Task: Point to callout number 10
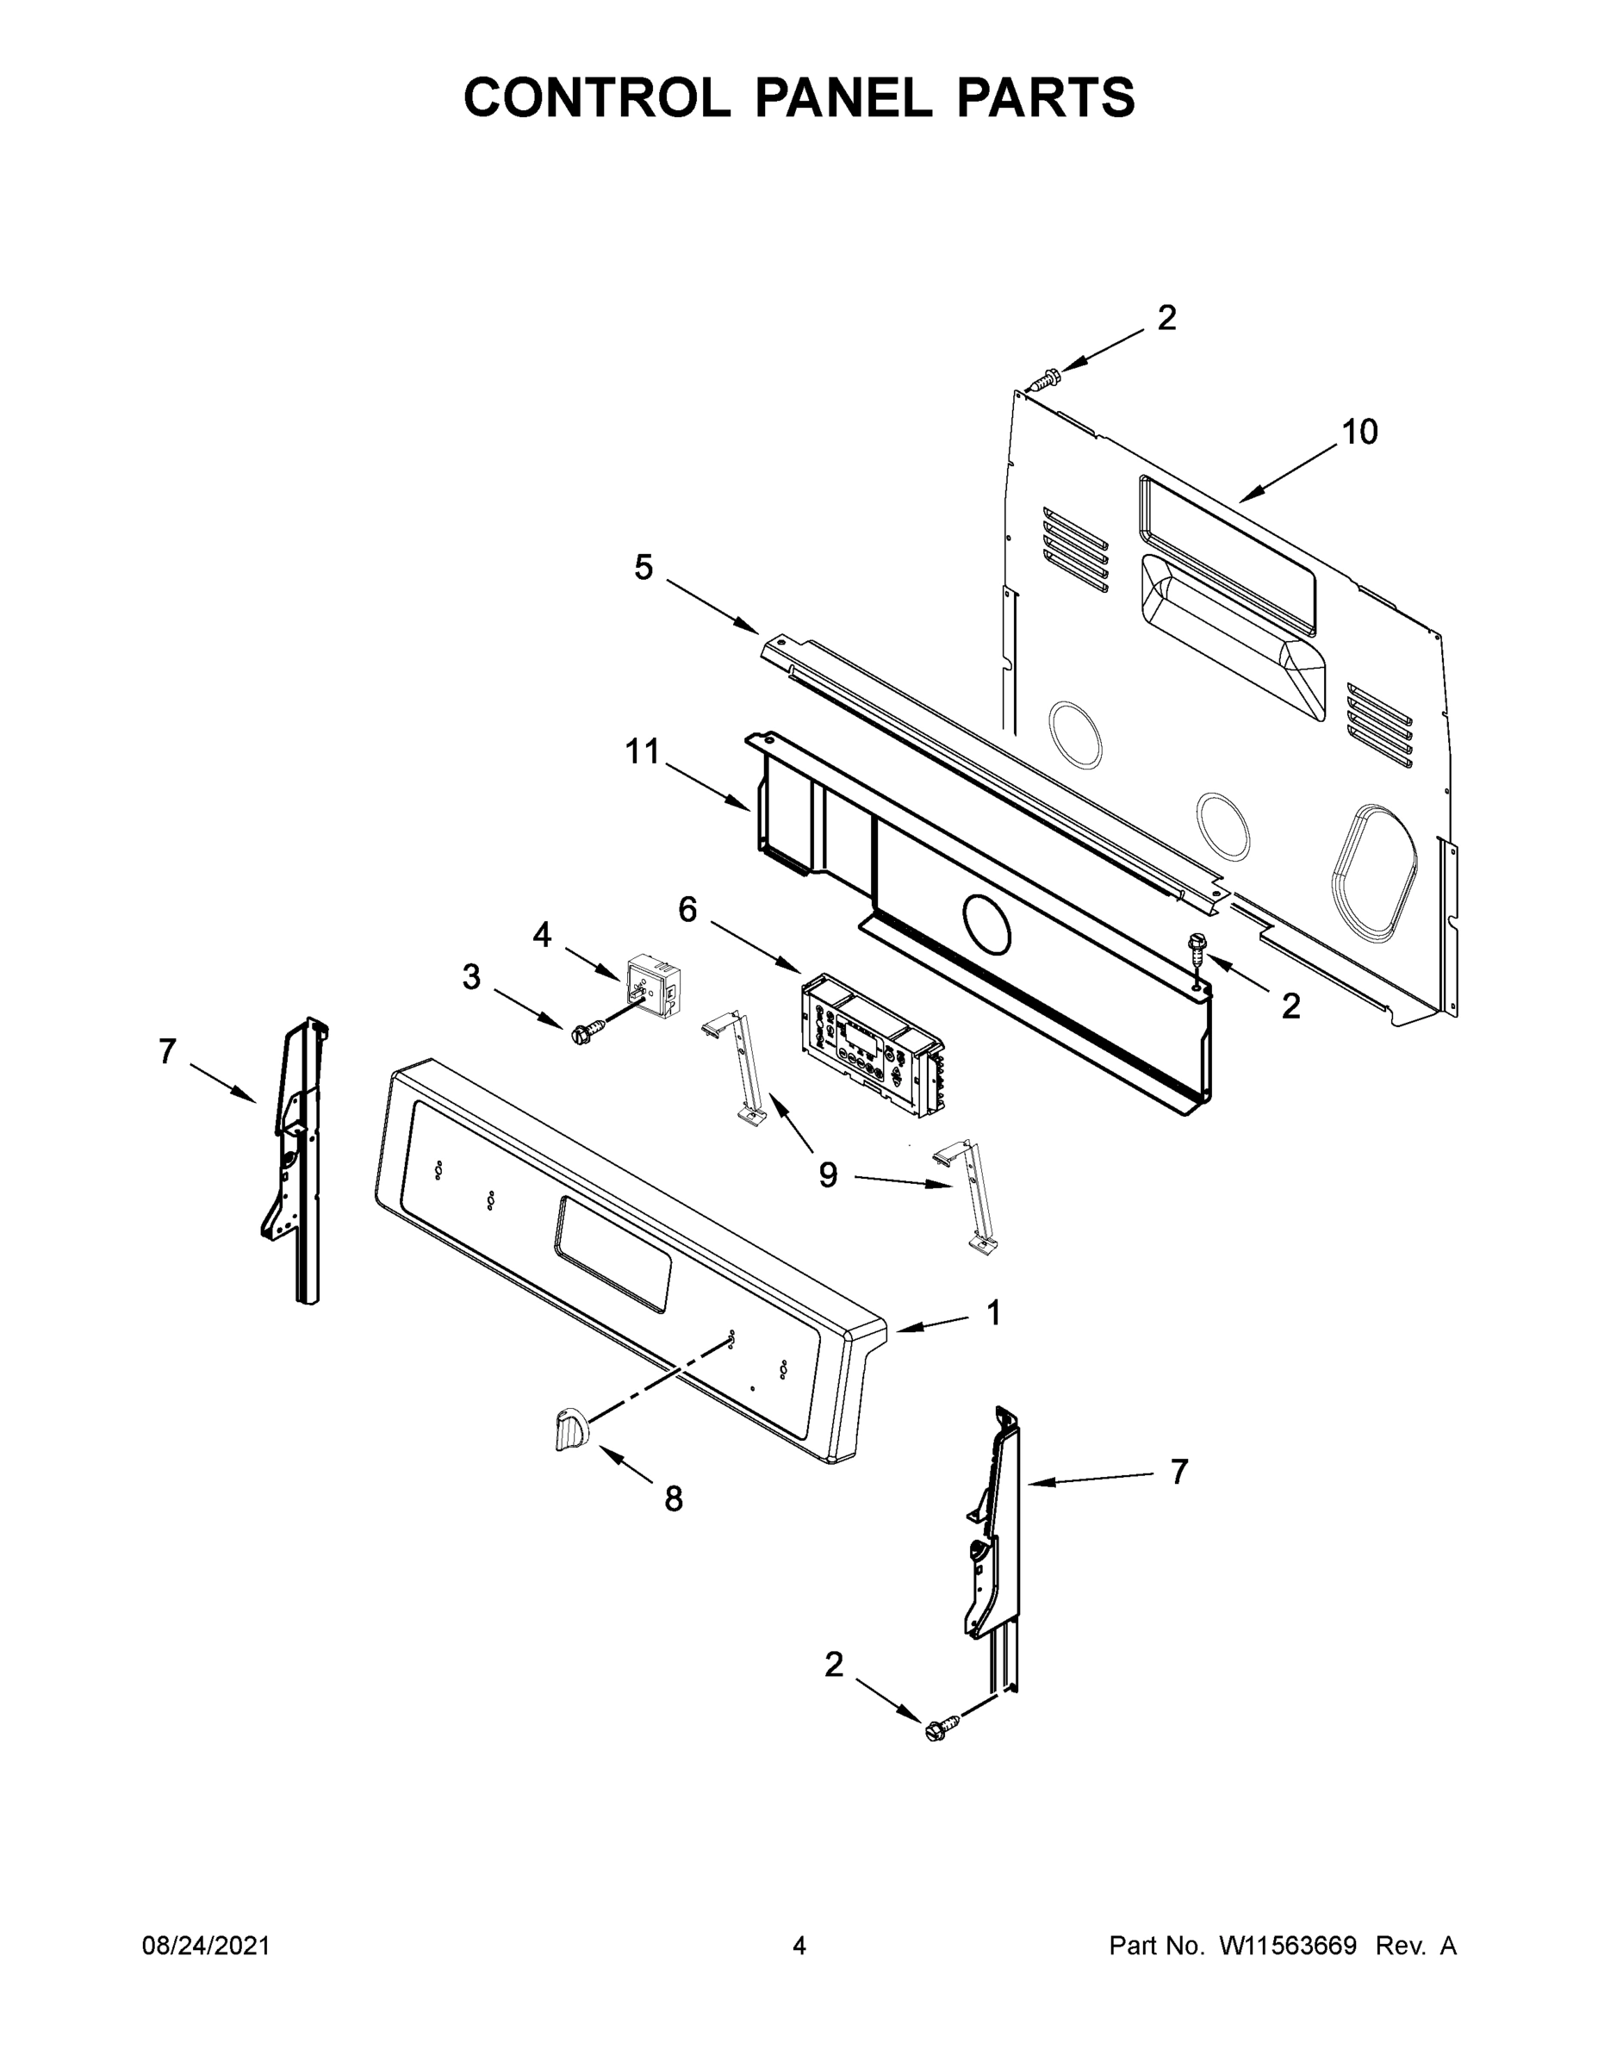coord(1359,433)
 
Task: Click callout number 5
coord(644,568)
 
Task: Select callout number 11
coord(643,752)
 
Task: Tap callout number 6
coord(687,910)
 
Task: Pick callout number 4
coord(542,936)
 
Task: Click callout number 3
coord(471,977)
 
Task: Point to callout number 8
coord(673,1499)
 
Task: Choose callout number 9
coord(827,1175)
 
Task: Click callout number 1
coord(993,1312)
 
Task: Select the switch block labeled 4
coord(651,985)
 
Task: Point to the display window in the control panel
coord(613,1253)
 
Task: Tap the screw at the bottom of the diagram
coord(936,1730)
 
